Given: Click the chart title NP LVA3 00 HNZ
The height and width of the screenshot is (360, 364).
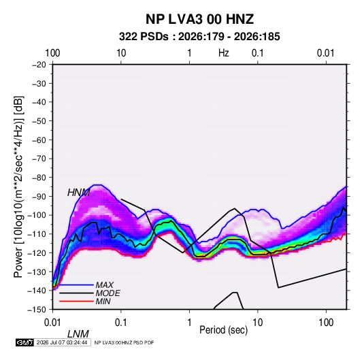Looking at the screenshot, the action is coord(199,19).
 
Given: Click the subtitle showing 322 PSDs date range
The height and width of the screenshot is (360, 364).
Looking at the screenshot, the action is coord(199,37).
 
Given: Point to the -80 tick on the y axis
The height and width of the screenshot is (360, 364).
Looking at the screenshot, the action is coord(39,178).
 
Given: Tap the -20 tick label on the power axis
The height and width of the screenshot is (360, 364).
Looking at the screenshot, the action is coord(39,65).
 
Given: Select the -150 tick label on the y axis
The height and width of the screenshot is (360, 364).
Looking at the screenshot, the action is coord(37,310).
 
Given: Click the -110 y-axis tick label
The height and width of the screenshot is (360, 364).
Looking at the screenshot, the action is coord(37,234).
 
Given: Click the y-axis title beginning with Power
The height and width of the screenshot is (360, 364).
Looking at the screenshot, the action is coord(18,186).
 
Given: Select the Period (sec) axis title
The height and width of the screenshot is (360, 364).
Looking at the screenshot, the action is coord(224,330).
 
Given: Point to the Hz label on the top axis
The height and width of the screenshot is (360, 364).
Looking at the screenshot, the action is coord(224,53).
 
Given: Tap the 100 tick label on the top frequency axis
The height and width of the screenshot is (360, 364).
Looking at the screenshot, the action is coord(52,53).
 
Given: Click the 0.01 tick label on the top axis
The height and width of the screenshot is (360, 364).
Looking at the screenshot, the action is coord(326,53).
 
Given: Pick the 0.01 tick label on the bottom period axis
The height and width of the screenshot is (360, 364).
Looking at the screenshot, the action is coord(52,323).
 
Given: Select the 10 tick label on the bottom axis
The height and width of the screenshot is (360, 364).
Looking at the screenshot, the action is coord(257,323).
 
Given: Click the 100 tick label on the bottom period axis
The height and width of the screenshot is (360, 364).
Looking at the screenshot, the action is coord(326,323).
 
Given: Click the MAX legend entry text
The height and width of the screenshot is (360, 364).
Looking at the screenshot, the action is coord(105,285).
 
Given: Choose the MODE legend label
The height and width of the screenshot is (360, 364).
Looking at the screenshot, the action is coord(108,293).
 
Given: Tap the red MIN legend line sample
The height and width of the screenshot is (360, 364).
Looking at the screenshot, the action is coord(76,301).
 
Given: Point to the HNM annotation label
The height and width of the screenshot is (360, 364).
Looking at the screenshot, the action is coord(78,193).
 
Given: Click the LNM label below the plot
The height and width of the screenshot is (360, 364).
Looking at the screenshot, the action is coord(78,334).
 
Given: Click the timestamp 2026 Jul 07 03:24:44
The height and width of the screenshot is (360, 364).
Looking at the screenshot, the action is coord(62,342).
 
